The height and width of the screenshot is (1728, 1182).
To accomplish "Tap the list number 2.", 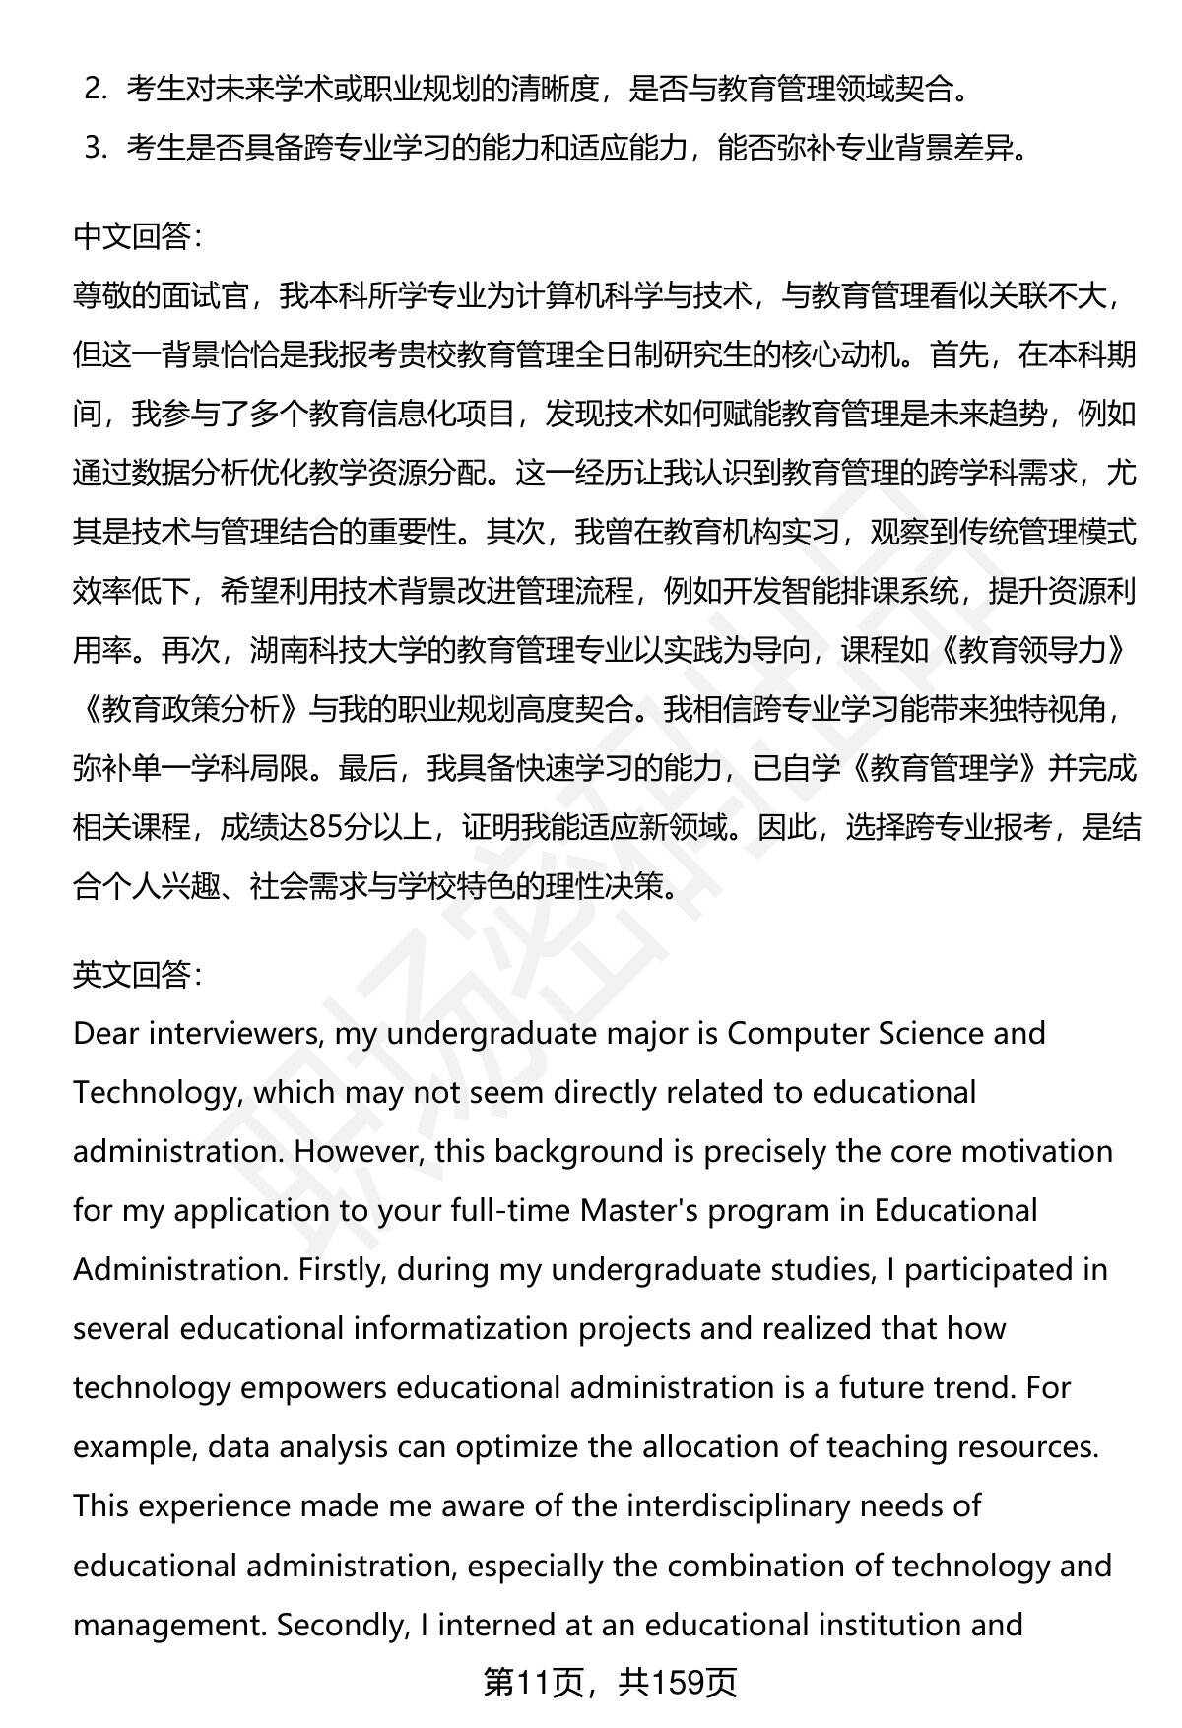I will [x=95, y=90].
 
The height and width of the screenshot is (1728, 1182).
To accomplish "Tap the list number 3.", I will [x=95, y=149].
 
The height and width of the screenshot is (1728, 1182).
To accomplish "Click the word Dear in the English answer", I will [x=105, y=1034].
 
